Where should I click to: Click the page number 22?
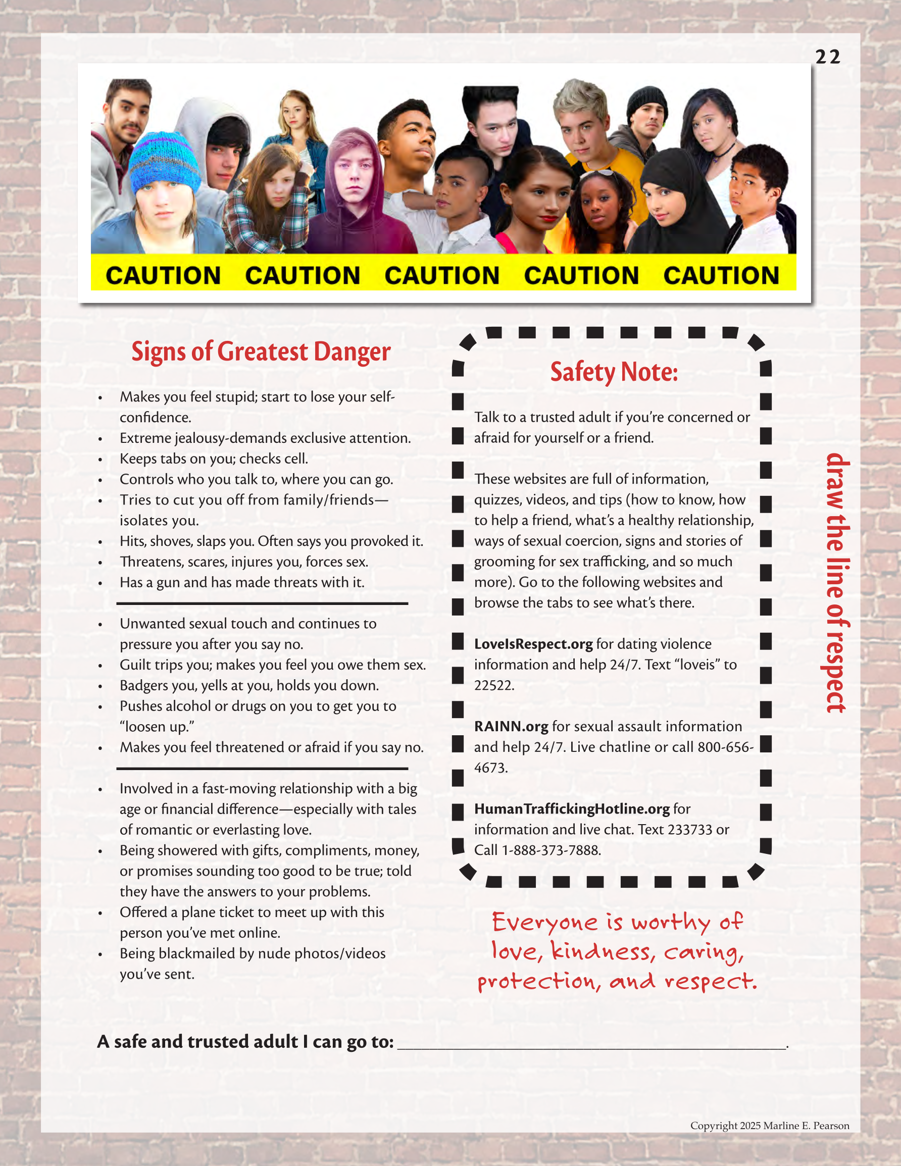(827, 57)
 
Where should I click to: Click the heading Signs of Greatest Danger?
(261, 352)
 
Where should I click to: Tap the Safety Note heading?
(614, 372)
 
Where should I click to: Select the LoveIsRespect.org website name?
(533, 644)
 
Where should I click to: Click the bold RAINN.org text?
(511, 727)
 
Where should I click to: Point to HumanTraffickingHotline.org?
(572, 809)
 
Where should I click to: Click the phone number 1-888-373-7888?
(550, 850)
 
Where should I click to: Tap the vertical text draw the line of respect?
(836, 582)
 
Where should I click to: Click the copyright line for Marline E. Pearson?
(769, 1126)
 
